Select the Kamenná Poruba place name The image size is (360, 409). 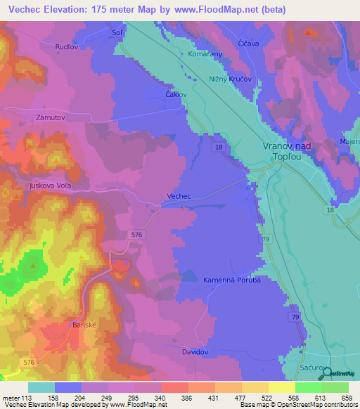click(x=232, y=280)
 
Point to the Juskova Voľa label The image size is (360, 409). click(x=50, y=186)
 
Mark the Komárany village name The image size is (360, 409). click(x=205, y=53)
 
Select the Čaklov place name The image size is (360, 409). click(x=176, y=94)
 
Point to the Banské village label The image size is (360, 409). click(x=84, y=325)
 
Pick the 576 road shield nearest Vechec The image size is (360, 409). click(x=136, y=234)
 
